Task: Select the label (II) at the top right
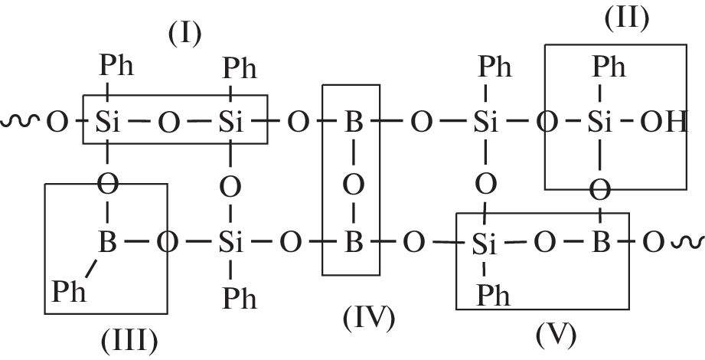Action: coord(626,18)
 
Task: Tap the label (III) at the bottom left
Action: coord(129,339)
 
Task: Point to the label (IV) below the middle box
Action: coord(367,318)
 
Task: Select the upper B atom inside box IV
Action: coord(352,123)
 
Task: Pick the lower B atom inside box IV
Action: coord(352,244)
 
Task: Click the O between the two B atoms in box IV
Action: coord(352,184)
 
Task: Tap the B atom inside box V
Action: coord(602,244)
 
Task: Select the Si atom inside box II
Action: coord(600,123)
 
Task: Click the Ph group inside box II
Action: coord(610,67)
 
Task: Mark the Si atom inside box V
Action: coord(481,245)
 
